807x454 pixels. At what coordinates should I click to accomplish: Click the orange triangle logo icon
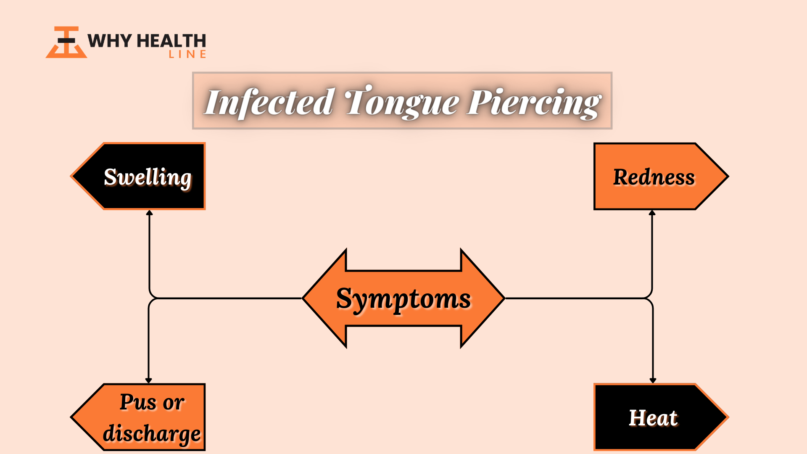pyautogui.click(x=66, y=42)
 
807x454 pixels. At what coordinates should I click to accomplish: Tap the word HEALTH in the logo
pyautogui.click(x=171, y=41)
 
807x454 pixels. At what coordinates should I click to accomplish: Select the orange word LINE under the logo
pyautogui.click(x=187, y=54)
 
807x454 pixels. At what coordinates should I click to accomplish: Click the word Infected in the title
pyautogui.click(x=269, y=102)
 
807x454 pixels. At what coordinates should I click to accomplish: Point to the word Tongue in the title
pyautogui.click(x=402, y=102)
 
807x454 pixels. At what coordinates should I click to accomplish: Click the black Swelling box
pyautogui.click(x=139, y=176)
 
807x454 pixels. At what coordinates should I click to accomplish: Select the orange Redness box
pyautogui.click(x=661, y=176)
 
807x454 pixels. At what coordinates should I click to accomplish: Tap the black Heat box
pyautogui.click(x=661, y=417)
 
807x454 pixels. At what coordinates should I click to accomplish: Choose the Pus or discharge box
pyautogui.click(x=139, y=417)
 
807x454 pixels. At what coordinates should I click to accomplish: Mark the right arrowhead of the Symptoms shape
pyautogui.click(x=483, y=298)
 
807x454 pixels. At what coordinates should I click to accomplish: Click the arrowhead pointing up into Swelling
pyautogui.click(x=149, y=213)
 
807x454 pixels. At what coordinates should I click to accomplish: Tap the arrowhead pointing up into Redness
pyautogui.click(x=652, y=213)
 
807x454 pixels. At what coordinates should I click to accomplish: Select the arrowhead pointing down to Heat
pyautogui.click(x=653, y=380)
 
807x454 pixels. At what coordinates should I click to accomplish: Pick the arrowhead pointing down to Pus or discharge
pyautogui.click(x=148, y=380)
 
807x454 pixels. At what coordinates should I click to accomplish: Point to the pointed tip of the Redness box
pyautogui.click(x=728, y=176)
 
